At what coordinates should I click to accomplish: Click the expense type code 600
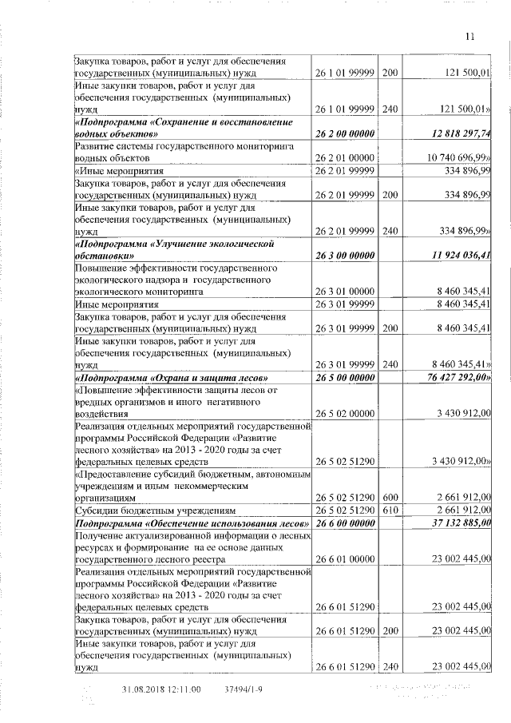point(389,498)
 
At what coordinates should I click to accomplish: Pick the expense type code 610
point(389,510)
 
